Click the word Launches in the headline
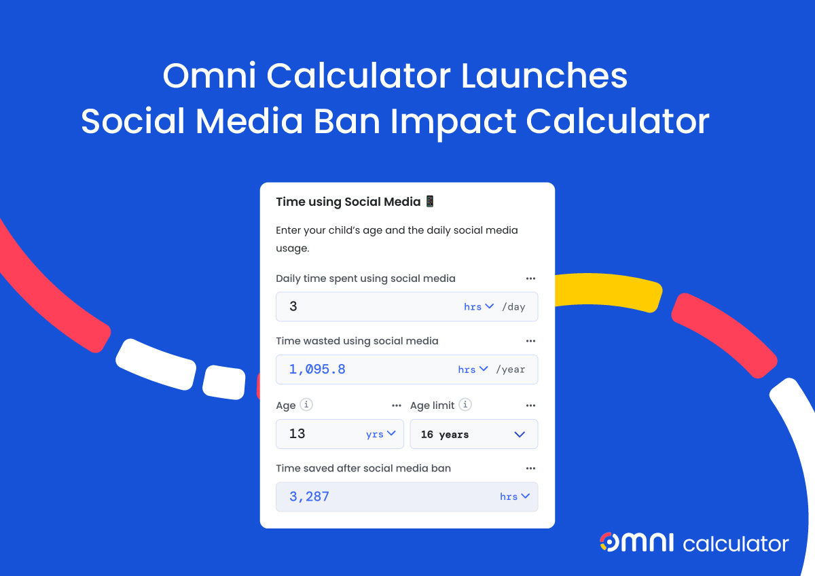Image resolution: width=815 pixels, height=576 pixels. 544,76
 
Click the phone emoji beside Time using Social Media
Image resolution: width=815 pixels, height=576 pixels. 430,201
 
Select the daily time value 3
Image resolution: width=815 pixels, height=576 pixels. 293,306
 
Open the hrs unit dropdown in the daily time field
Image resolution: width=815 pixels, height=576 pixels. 478,307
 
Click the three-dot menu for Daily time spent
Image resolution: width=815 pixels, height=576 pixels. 530,278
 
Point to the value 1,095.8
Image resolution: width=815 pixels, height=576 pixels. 317,370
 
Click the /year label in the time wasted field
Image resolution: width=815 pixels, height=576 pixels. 511,370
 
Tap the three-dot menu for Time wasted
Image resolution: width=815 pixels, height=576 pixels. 530,341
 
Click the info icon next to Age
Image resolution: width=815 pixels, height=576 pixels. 306,405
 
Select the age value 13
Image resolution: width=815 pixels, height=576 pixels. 297,434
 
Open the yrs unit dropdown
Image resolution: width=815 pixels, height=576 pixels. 380,434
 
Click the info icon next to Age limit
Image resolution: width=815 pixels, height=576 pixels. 465,405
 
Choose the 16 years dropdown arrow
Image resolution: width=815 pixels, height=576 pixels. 520,435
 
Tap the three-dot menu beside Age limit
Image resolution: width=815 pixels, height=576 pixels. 530,406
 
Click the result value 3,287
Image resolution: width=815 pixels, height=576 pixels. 309,497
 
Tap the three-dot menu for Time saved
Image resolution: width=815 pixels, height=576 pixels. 530,469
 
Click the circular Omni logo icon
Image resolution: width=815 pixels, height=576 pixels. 609,542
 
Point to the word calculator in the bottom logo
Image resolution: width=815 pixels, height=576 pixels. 736,544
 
